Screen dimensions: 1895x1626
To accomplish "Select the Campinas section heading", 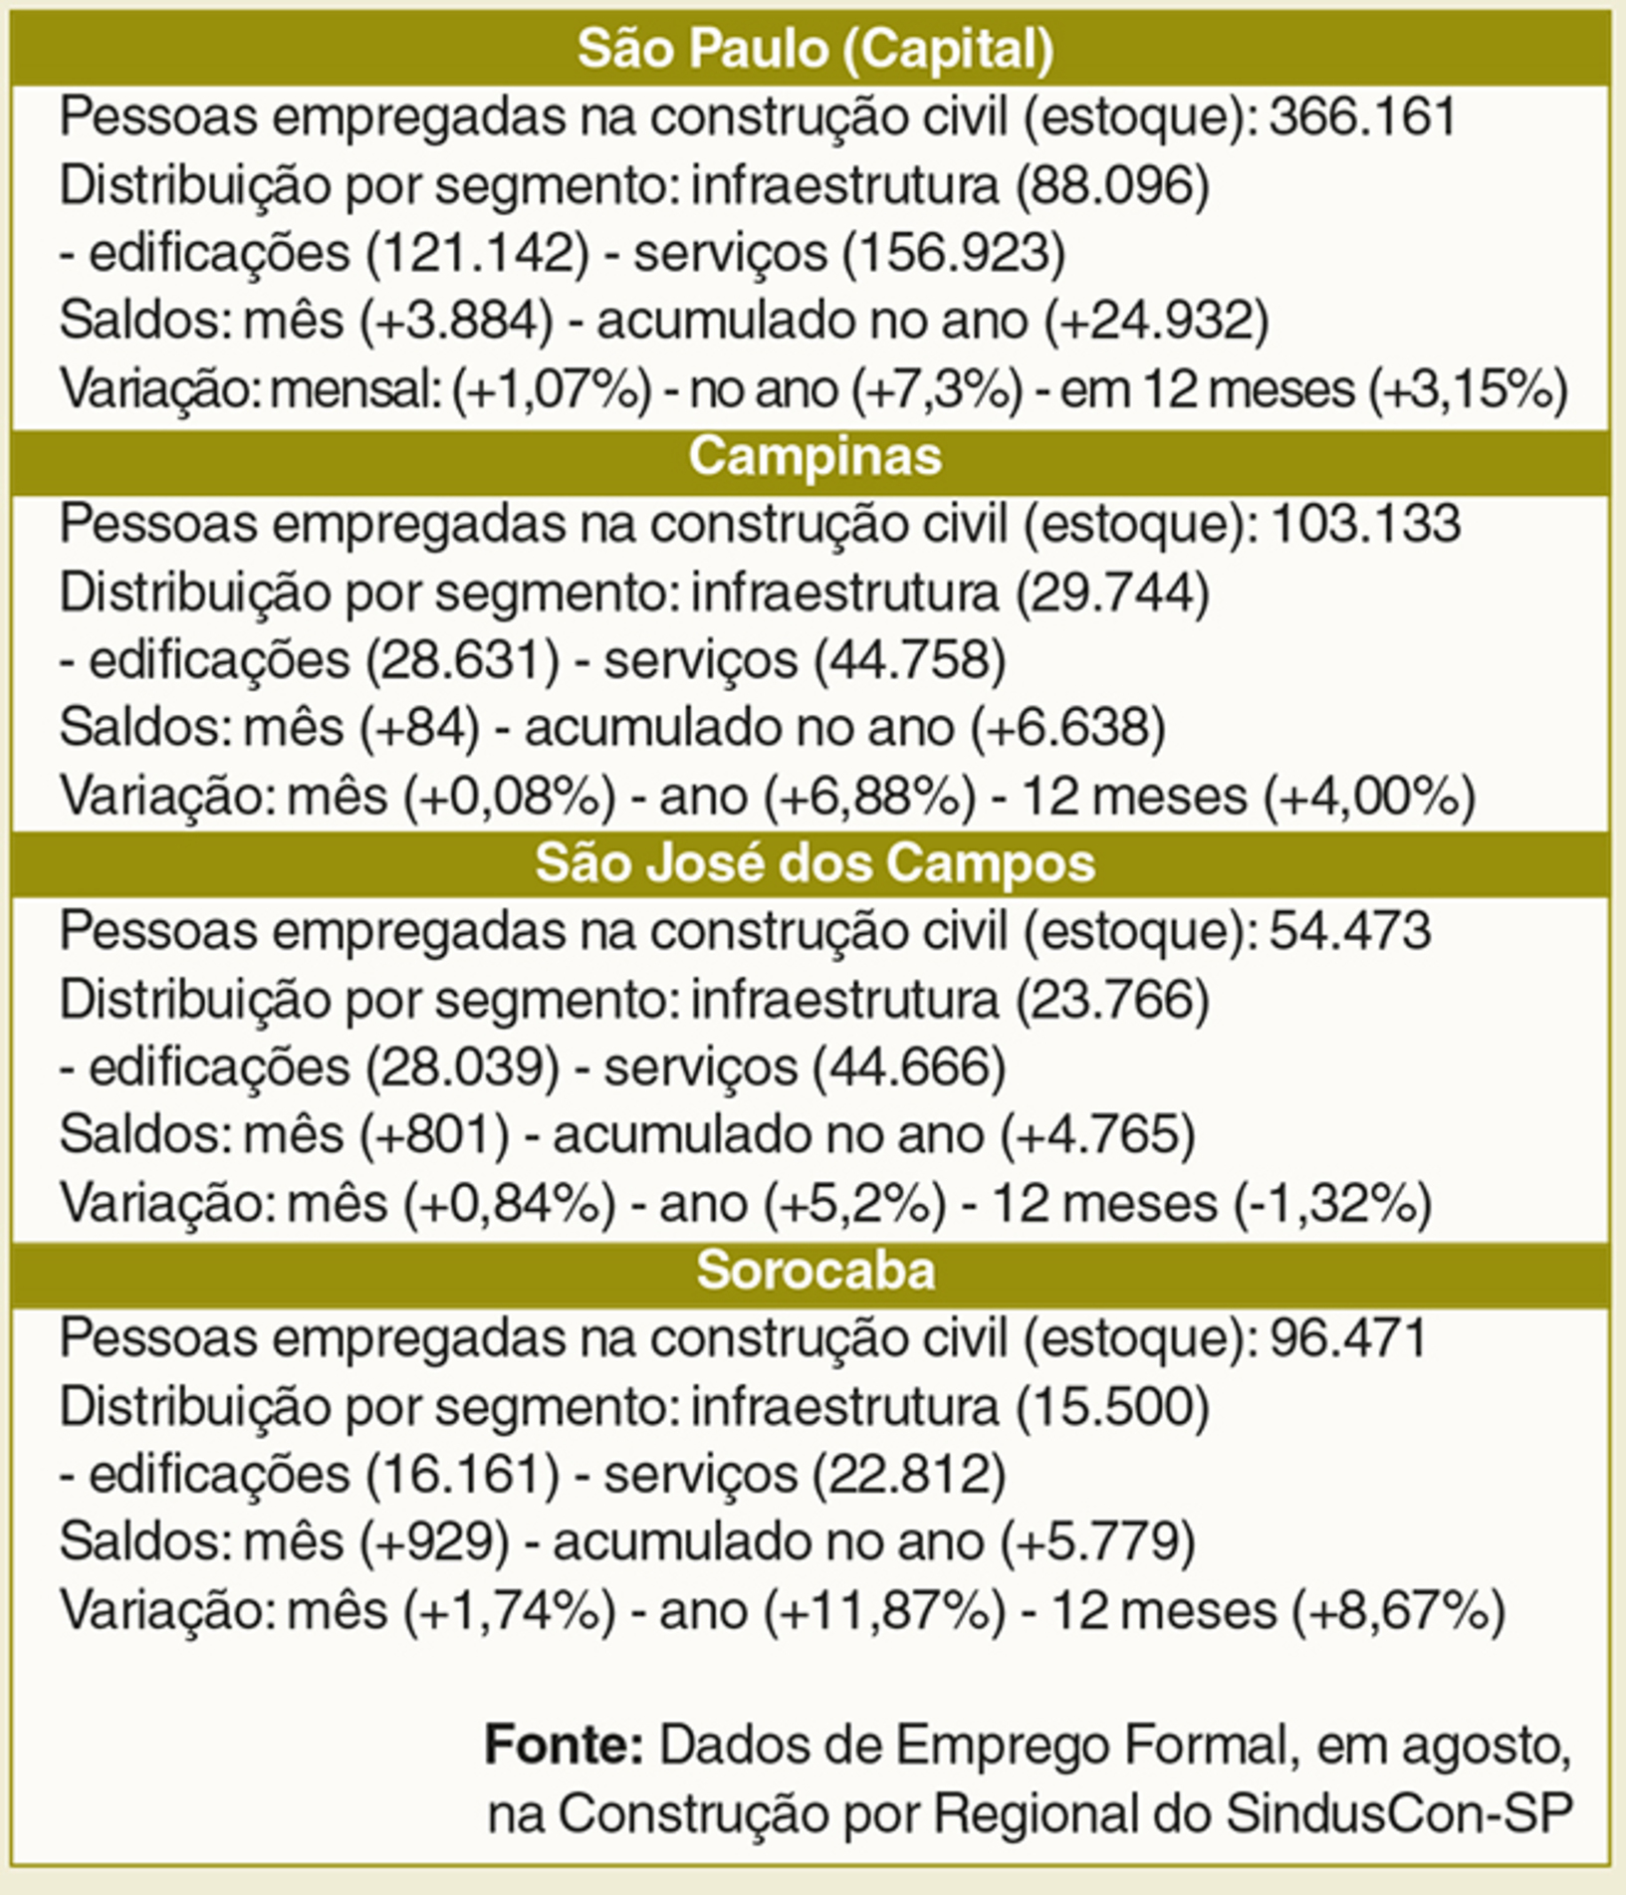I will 814,456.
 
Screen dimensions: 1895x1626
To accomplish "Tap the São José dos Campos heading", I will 814,863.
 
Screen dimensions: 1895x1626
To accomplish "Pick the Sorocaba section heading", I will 814,1271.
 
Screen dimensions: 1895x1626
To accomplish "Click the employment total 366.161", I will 1363,118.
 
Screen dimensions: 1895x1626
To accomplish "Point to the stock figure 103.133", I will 1365,525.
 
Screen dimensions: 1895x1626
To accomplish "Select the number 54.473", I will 1350,932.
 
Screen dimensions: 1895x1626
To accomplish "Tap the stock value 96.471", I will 1349,1339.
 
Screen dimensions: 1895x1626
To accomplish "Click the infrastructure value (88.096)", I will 1112,185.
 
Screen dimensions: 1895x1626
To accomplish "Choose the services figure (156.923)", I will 954,253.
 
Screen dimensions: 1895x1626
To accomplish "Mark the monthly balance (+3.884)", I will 456,321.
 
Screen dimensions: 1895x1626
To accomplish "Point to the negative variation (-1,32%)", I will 1332,1203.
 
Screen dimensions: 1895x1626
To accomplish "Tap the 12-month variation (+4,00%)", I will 1369,797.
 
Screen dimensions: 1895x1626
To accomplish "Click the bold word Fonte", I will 564,1745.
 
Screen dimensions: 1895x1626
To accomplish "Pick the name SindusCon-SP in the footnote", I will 1399,1813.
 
